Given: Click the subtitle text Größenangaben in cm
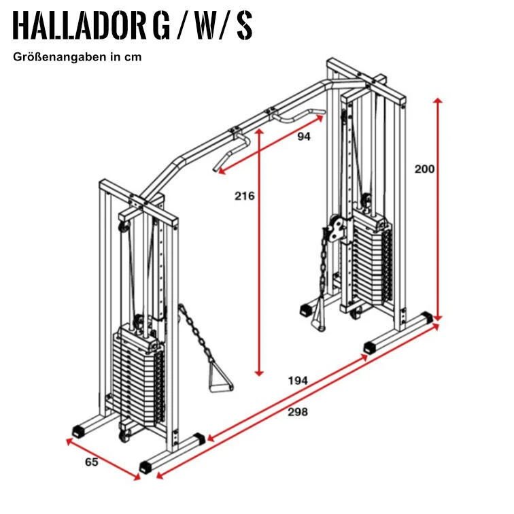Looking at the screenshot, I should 77,57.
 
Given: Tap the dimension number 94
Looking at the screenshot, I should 304,137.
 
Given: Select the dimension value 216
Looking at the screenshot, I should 244,196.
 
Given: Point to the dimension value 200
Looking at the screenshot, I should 424,169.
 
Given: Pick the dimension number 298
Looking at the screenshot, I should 298,412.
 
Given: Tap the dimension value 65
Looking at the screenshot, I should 91,462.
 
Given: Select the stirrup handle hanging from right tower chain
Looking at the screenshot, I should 318,318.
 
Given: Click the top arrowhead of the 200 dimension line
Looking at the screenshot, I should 439,101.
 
